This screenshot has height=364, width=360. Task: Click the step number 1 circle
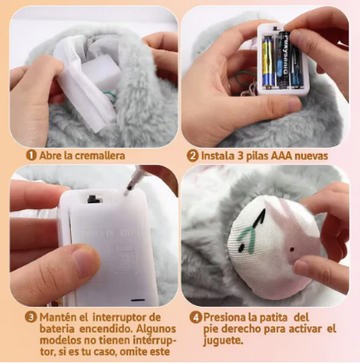31,156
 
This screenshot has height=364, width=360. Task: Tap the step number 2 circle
193,156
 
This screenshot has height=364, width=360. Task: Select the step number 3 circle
31,317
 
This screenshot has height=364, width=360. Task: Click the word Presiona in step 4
226,317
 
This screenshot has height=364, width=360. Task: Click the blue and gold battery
268,61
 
